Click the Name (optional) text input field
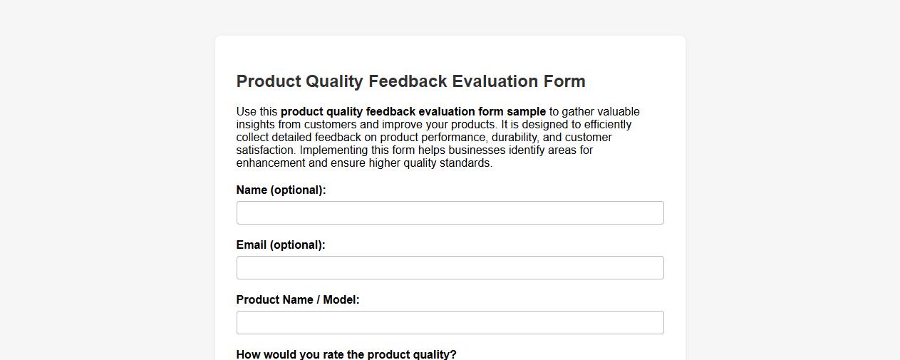pos(450,212)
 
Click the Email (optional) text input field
pos(450,267)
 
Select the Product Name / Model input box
pos(450,322)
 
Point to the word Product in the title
pos(269,81)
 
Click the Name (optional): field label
pos(281,190)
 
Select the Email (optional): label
pos(281,245)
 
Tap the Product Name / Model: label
pos(298,300)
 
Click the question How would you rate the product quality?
pos(346,354)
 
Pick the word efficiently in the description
pos(607,125)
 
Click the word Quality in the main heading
pos(335,81)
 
